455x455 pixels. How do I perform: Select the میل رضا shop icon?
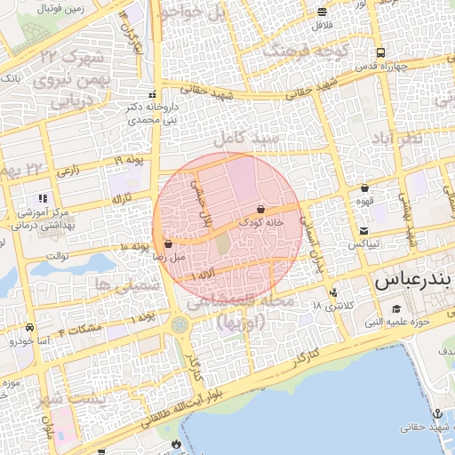pyautogui.click(x=168, y=243)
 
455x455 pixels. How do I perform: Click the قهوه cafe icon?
pyautogui.click(x=365, y=188)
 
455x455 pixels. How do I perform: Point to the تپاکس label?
pyautogui.click(x=364, y=243)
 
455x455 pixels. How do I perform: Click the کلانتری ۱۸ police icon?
pyautogui.click(x=333, y=291)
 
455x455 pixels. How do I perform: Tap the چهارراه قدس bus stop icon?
pyautogui.click(x=380, y=52)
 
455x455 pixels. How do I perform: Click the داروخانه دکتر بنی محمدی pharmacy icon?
pyautogui.click(x=154, y=95)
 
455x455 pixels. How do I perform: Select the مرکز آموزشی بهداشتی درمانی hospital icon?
pyautogui.click(x=41, y=197)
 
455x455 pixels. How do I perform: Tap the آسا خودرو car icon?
pyautogui.click(x=31, y=327)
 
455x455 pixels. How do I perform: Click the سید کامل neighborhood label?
pyautogui.click(x=246, y=140)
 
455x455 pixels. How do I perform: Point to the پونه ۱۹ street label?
pyautogui.click(x=129, y=159)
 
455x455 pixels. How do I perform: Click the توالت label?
pyautogui.click(x=57, y=256)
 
